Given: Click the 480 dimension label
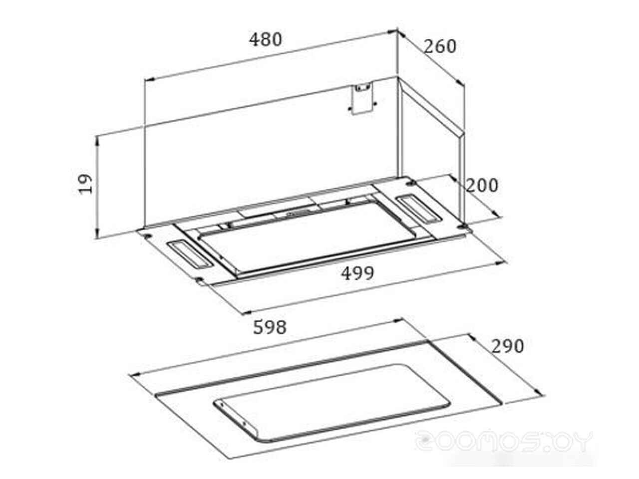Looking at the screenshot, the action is pos(265,39).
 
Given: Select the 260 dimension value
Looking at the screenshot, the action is pos(440,46).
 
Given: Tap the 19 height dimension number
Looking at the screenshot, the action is pos(85,184).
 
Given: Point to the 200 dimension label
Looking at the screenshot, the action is pos(482,185).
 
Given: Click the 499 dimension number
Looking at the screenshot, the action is pos(357,273).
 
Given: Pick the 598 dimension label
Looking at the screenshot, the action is pos(270,327).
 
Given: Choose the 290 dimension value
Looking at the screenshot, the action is pos(508,346).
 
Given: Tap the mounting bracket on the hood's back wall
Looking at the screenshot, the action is pos(362,98).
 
